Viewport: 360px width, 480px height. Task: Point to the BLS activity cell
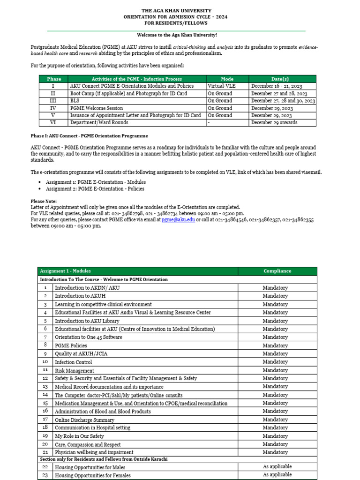tap(75, 101)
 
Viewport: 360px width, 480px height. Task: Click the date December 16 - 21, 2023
tap(277, 86)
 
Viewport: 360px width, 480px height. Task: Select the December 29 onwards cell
tap(274, 123)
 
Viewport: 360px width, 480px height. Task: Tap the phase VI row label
tap(52, 123)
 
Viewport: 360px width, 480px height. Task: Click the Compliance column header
tap(277, 271)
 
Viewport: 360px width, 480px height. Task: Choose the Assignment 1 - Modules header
tap(66, 271)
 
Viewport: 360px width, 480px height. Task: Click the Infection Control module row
tap(73, 362)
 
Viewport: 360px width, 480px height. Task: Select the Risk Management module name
tap(74, 370)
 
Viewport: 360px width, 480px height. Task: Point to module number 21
tap(45, 452)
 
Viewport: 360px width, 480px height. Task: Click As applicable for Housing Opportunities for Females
tap(277, 474)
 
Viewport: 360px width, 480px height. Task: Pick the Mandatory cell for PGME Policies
tap(275, 345)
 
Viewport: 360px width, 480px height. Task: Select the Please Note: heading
tap(44, 201)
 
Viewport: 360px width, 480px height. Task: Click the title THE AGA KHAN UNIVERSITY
tap(176, 10)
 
